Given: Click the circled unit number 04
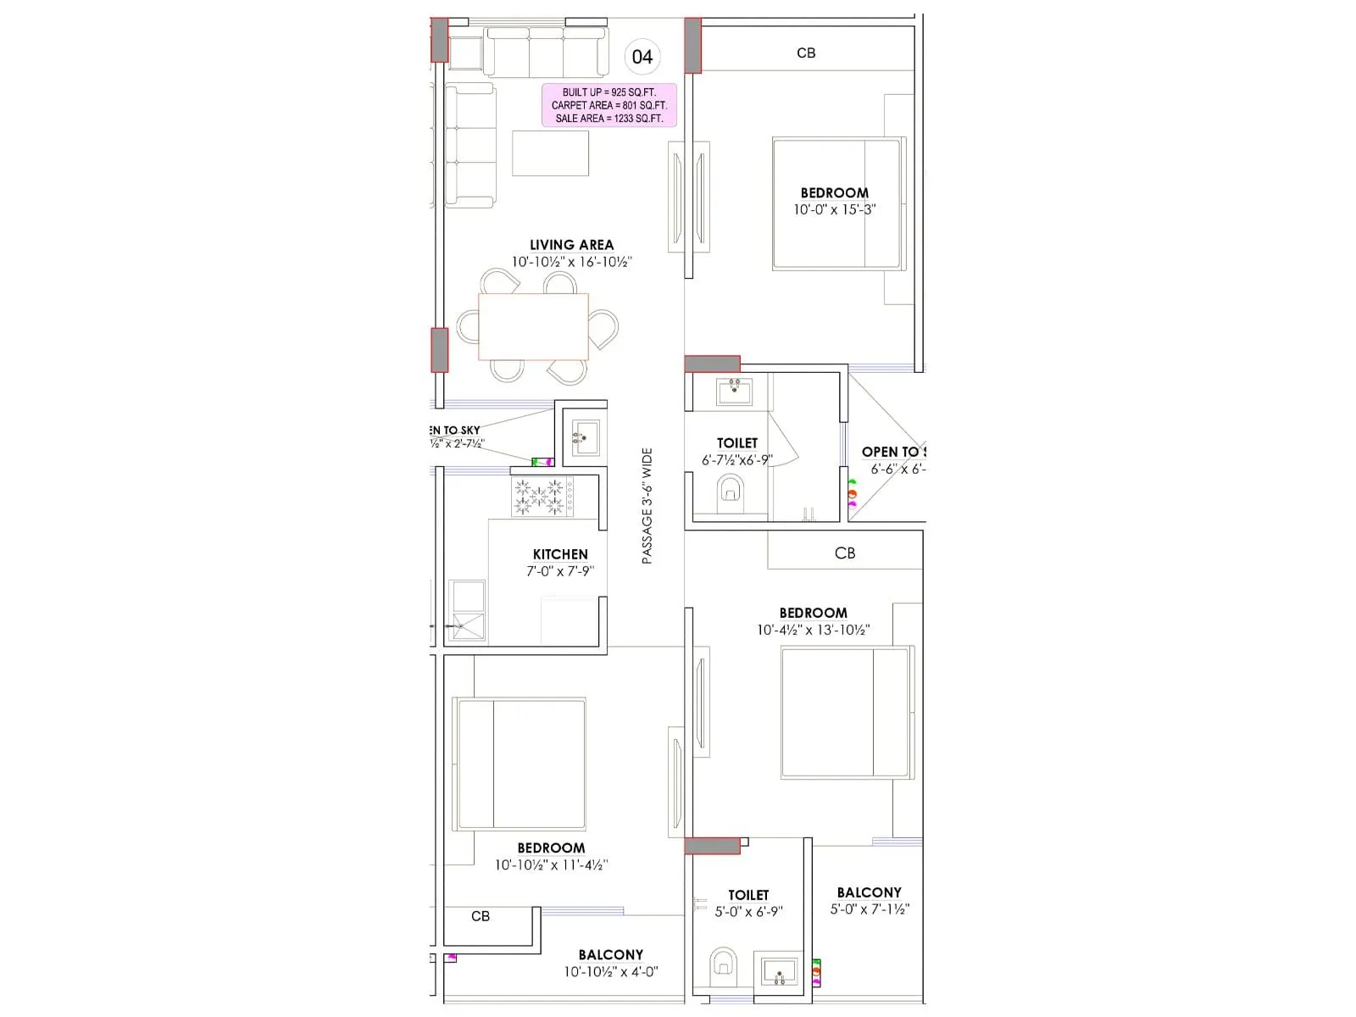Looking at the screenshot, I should [x=642, y=57].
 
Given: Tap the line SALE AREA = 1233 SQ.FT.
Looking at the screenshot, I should [x=609, y=119].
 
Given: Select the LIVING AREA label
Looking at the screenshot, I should [x=571, y=245].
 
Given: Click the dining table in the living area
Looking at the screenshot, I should [x=533, y=326].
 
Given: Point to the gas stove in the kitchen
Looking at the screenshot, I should [x=542, y=497].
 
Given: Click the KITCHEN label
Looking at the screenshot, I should [x=560, y=554].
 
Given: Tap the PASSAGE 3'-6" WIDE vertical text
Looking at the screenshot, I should [x=647, y=506].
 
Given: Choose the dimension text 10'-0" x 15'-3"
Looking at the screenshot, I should [x=834, y=209].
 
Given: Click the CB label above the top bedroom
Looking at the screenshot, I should [x=806, y=53].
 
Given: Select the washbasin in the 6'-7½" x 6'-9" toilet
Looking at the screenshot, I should [x=734, y=392].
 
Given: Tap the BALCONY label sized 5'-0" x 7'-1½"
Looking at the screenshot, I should [x=869, y=892].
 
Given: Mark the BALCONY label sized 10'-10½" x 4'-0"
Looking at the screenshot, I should [x=610, y=955].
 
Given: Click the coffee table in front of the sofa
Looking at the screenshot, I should [x=550, y=153].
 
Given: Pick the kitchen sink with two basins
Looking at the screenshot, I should [x=466, y=610].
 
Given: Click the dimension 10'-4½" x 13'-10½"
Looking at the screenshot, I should [x=813, y=630].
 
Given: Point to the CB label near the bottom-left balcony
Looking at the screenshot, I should [x=481, y=916].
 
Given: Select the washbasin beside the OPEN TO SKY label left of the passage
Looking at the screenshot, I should [x=585, y=437].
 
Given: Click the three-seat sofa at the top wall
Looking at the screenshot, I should [x=546, y=52].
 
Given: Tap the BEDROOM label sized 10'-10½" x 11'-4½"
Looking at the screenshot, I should [x=551, y=848].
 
